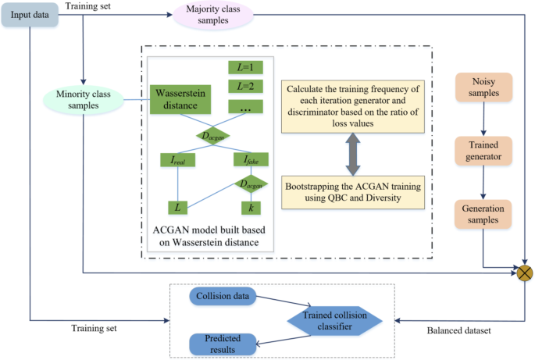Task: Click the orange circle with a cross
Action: tap(524, 273)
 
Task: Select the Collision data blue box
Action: tap(223, 298)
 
